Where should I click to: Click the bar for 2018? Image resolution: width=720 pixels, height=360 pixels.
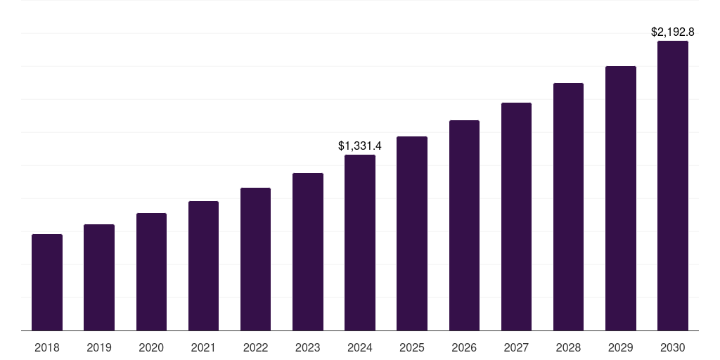click(x=47, y=282)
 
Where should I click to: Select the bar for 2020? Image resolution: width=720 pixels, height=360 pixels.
click(x=151, y=271)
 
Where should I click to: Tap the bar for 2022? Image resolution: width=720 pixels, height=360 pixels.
click(x=255, y=259)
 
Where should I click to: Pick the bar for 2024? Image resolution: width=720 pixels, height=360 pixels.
click(x=360, y=243)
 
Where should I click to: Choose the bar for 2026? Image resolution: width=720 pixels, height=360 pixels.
click(x=464, y=225)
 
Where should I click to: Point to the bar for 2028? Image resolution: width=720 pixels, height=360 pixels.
click(x=568, y=207)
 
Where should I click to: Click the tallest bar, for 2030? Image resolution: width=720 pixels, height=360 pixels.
click(x=673, y=186)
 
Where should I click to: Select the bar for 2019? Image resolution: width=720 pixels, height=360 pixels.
click(x=99, y=277)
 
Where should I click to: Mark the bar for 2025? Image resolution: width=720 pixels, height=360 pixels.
click(x=412, y=233)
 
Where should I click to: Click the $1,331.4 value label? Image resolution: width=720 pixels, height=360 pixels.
click(x=360, y=146)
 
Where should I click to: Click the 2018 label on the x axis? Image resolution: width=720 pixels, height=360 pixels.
click(x=47, y=347)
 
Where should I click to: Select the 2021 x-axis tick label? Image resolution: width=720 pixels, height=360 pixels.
click(x=203, y=347)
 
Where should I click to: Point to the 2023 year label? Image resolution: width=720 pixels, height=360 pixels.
click(x=308, y=347)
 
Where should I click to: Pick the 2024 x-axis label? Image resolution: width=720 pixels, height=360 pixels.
click(x=360, y=347)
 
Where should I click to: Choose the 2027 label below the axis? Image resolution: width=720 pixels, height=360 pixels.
click(x=516, y=347)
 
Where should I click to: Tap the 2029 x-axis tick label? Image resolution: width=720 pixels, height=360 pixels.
click(x=621, y=347)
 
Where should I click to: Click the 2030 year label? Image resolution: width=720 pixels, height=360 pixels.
click(x=673, y=347)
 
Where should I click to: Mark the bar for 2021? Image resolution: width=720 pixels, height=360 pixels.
click(x=203, y=266)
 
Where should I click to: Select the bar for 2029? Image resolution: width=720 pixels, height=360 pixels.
click(x=621, y=198)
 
